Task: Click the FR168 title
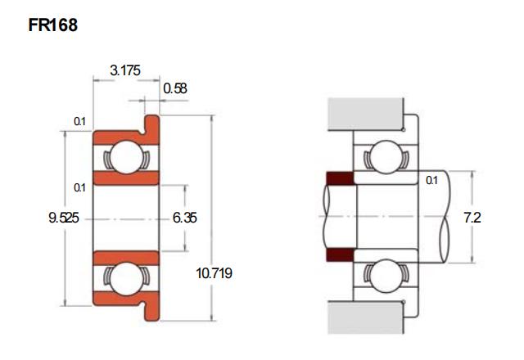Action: coord(52,25)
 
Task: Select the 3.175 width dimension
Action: coord(125,70)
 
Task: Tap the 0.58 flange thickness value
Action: coord(174,88)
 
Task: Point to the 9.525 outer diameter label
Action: coord(64,218)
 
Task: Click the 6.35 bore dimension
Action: coord(184,218)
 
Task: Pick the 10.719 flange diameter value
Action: coord(214,273)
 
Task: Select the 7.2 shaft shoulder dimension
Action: coord(472,218)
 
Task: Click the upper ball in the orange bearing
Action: coord(126,157)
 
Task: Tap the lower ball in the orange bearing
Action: coord(126,279)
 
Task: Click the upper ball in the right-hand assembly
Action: coord(386,157)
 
